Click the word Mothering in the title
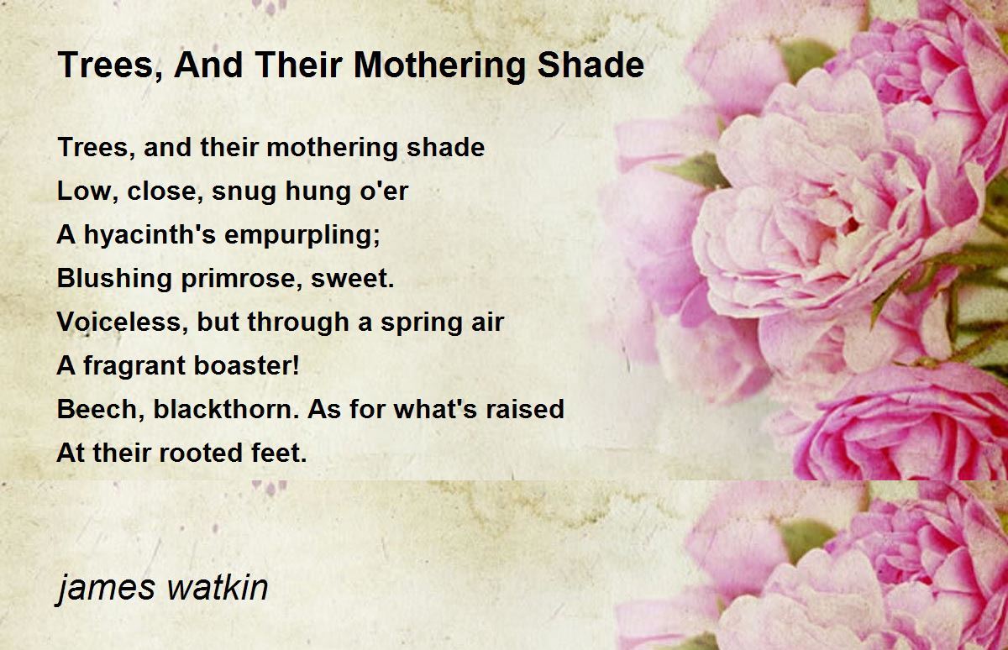pyautogui.click(x=439, y=66)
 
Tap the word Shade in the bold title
pyautogui.click(x=591, y=65)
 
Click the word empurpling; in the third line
pyautogui.click(x=302, y=235)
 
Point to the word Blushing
pyautogui.click(x=115, y=279)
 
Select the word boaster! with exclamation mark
pyautogui.click(x=247, y=364)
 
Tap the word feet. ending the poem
pyautogui.click(x=279, y=452)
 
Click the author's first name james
pyautogui.click(x=106, y=589)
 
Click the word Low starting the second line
pyautogui.click(x=84, y=191)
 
